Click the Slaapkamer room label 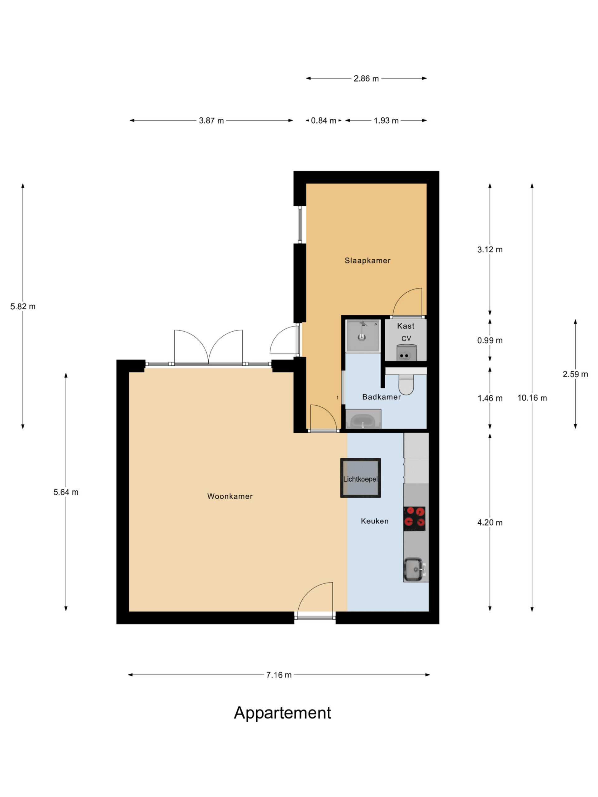(x=367, y=261)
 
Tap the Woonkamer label (x=230, y=496)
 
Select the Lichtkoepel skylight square (x=360, y=478)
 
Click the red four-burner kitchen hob (x=414, y=518)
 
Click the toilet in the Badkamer (x=406, y=383)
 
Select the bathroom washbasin (x=363, y=419)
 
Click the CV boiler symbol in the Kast (x=406, y=353)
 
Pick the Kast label (x=406, y=326)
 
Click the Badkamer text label (x=381, y=397)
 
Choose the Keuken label (x=374, y=521)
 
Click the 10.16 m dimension (x=532, y=398)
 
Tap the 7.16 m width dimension (x=279, y=675)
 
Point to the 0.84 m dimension (x=323, y=121)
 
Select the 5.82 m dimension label (x=23, y=307)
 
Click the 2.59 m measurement (x=575, y=374)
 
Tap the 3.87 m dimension (x=211, y=121)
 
